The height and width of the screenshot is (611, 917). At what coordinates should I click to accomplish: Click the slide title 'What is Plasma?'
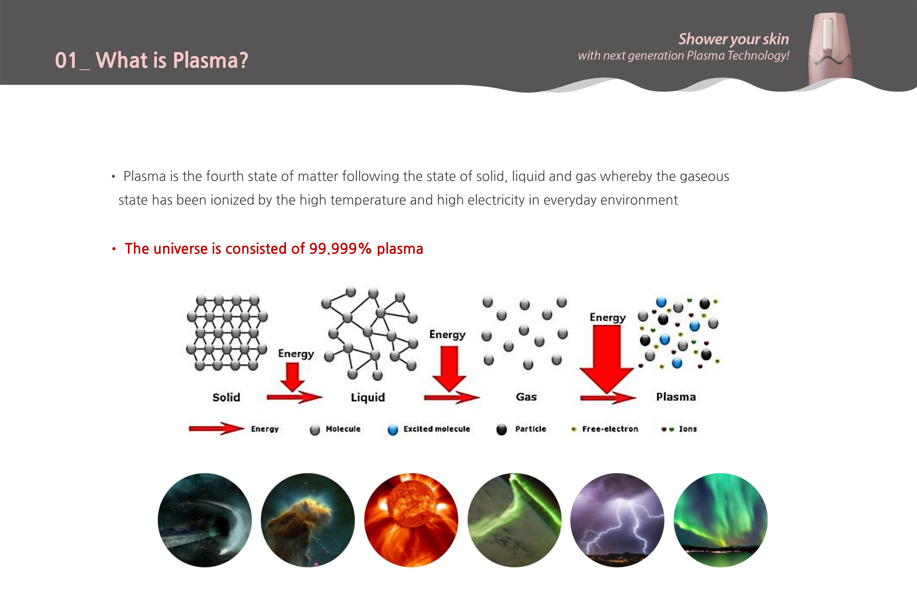coord(172,60)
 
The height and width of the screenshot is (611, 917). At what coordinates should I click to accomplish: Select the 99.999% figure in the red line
coord(340,249)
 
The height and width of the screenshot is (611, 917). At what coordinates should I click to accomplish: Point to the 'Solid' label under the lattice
coord(226,397)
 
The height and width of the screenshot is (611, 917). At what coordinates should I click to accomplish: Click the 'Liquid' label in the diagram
coord(368,397)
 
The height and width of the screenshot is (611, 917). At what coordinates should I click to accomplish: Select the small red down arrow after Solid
coord(292,377)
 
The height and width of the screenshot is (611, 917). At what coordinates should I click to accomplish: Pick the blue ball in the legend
coord(393,430)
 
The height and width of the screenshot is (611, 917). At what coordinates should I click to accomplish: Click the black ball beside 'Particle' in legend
coord(501,429)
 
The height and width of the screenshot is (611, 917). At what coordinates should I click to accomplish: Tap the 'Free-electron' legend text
coord(610,429)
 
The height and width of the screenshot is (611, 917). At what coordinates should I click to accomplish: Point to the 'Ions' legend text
coord(688,429)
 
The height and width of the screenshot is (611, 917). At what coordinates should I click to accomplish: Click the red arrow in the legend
coord(217,429)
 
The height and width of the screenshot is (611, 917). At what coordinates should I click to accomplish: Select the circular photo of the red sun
coord(411,520)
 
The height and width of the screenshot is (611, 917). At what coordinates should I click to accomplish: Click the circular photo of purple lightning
coord(617,520)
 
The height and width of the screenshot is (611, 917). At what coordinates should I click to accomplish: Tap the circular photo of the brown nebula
coord(308,520)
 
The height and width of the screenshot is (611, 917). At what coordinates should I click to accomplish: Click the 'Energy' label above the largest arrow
coord(607,318)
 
